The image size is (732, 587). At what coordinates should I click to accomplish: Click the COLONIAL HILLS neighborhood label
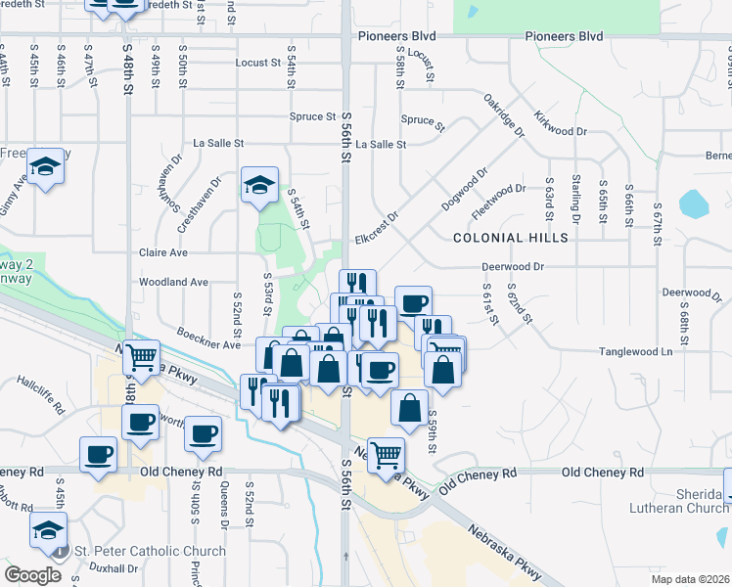coord(510,238)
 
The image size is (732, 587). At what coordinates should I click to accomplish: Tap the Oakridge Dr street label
coord(505,116)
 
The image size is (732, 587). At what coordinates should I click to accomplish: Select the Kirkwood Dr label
coord(561,123)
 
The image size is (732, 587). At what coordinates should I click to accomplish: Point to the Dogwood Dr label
coord(466,190)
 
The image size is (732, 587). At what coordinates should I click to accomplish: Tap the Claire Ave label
coord(163,251)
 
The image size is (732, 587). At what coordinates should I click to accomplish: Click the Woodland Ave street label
coord(174,282)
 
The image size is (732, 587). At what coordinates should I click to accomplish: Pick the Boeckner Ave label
coord(208,339)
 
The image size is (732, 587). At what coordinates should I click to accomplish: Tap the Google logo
coord(33,574)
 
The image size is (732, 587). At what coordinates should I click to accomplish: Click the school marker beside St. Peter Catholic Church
coord(45,529)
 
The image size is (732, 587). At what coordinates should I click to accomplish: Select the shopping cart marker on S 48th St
coord(142,357)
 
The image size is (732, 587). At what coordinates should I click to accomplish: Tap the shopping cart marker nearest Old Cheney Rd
coord(387,454)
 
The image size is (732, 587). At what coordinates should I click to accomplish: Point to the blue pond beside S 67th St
coord(693,203)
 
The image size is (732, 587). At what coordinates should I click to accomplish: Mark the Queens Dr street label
coord(224,506)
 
